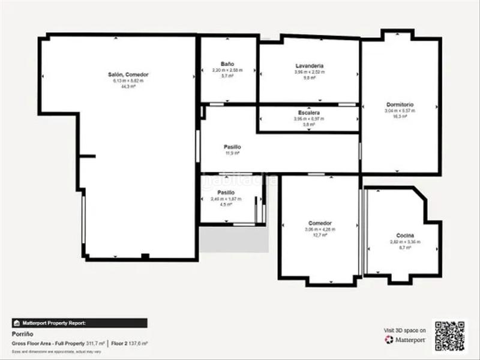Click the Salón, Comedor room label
click(128, 74)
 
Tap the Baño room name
click(227, 64)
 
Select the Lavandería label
click(310, 65)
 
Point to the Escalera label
click(308, 113)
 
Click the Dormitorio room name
click(399, 104)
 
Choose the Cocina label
click(405, 236)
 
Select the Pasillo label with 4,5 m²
click(226, 193)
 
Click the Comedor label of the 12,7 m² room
click(320, 223)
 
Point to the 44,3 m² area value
click(128, 86)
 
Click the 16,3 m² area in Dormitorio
click(399, 116)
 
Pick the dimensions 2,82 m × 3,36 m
click(405, 242)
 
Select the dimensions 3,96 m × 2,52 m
click(310, 72)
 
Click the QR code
click(449, 335)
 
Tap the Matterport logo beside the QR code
click(405, 340)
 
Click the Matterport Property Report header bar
click(79, 323)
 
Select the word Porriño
click(22, 334)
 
